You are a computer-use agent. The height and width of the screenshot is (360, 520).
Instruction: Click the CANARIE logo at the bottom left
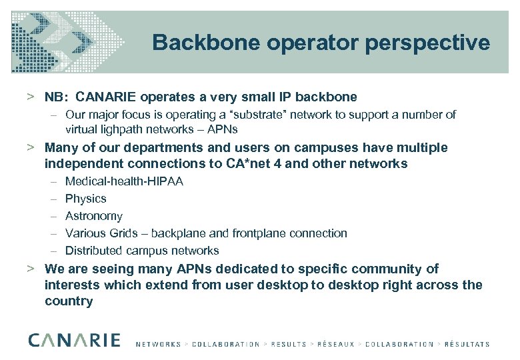point(74,340)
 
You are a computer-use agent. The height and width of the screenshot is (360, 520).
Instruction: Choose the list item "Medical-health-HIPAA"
point(124,181)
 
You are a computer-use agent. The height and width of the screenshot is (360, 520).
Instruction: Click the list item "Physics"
point(85,199)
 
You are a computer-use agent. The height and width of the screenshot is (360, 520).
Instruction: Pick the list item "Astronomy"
point(94,216)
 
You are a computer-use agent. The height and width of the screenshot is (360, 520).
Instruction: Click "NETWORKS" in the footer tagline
point(158,344)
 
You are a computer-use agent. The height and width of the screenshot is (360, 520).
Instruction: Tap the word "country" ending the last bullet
point(69,301)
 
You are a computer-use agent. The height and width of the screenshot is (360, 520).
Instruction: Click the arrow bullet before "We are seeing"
point(31,269)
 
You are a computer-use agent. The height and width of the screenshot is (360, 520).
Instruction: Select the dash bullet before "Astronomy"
point(53,216)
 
